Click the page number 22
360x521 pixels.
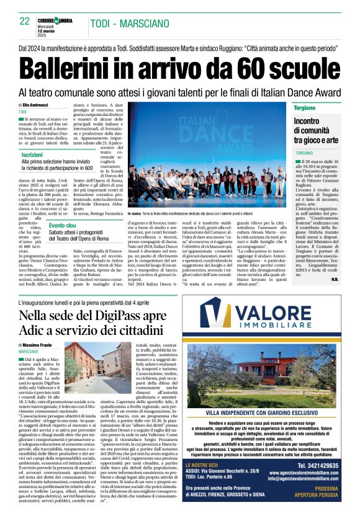24,21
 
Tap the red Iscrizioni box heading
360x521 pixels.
33,154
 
